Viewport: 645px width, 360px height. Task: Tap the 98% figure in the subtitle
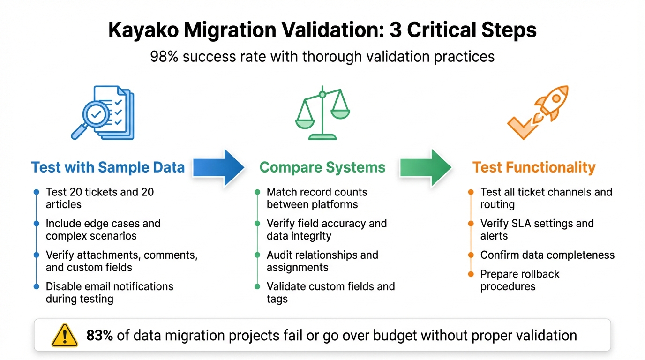coord(164,57)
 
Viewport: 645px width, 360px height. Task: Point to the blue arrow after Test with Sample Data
coord(218,167)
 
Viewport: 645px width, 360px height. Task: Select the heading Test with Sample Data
coord(108,167)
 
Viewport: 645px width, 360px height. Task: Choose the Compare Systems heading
coord(322,167)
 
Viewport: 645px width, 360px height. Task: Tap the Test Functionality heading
coord(534,167)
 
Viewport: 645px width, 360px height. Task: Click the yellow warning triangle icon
coord(64,335)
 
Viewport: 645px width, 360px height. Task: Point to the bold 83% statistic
coord(99,335)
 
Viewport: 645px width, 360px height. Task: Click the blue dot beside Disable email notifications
coord(37,286)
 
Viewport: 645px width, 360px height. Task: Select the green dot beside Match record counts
coord(257,192)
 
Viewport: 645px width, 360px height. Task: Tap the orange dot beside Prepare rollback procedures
coord(471,274)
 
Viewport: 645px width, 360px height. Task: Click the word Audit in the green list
coord(279,255)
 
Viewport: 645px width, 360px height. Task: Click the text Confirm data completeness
coord(547,255)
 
